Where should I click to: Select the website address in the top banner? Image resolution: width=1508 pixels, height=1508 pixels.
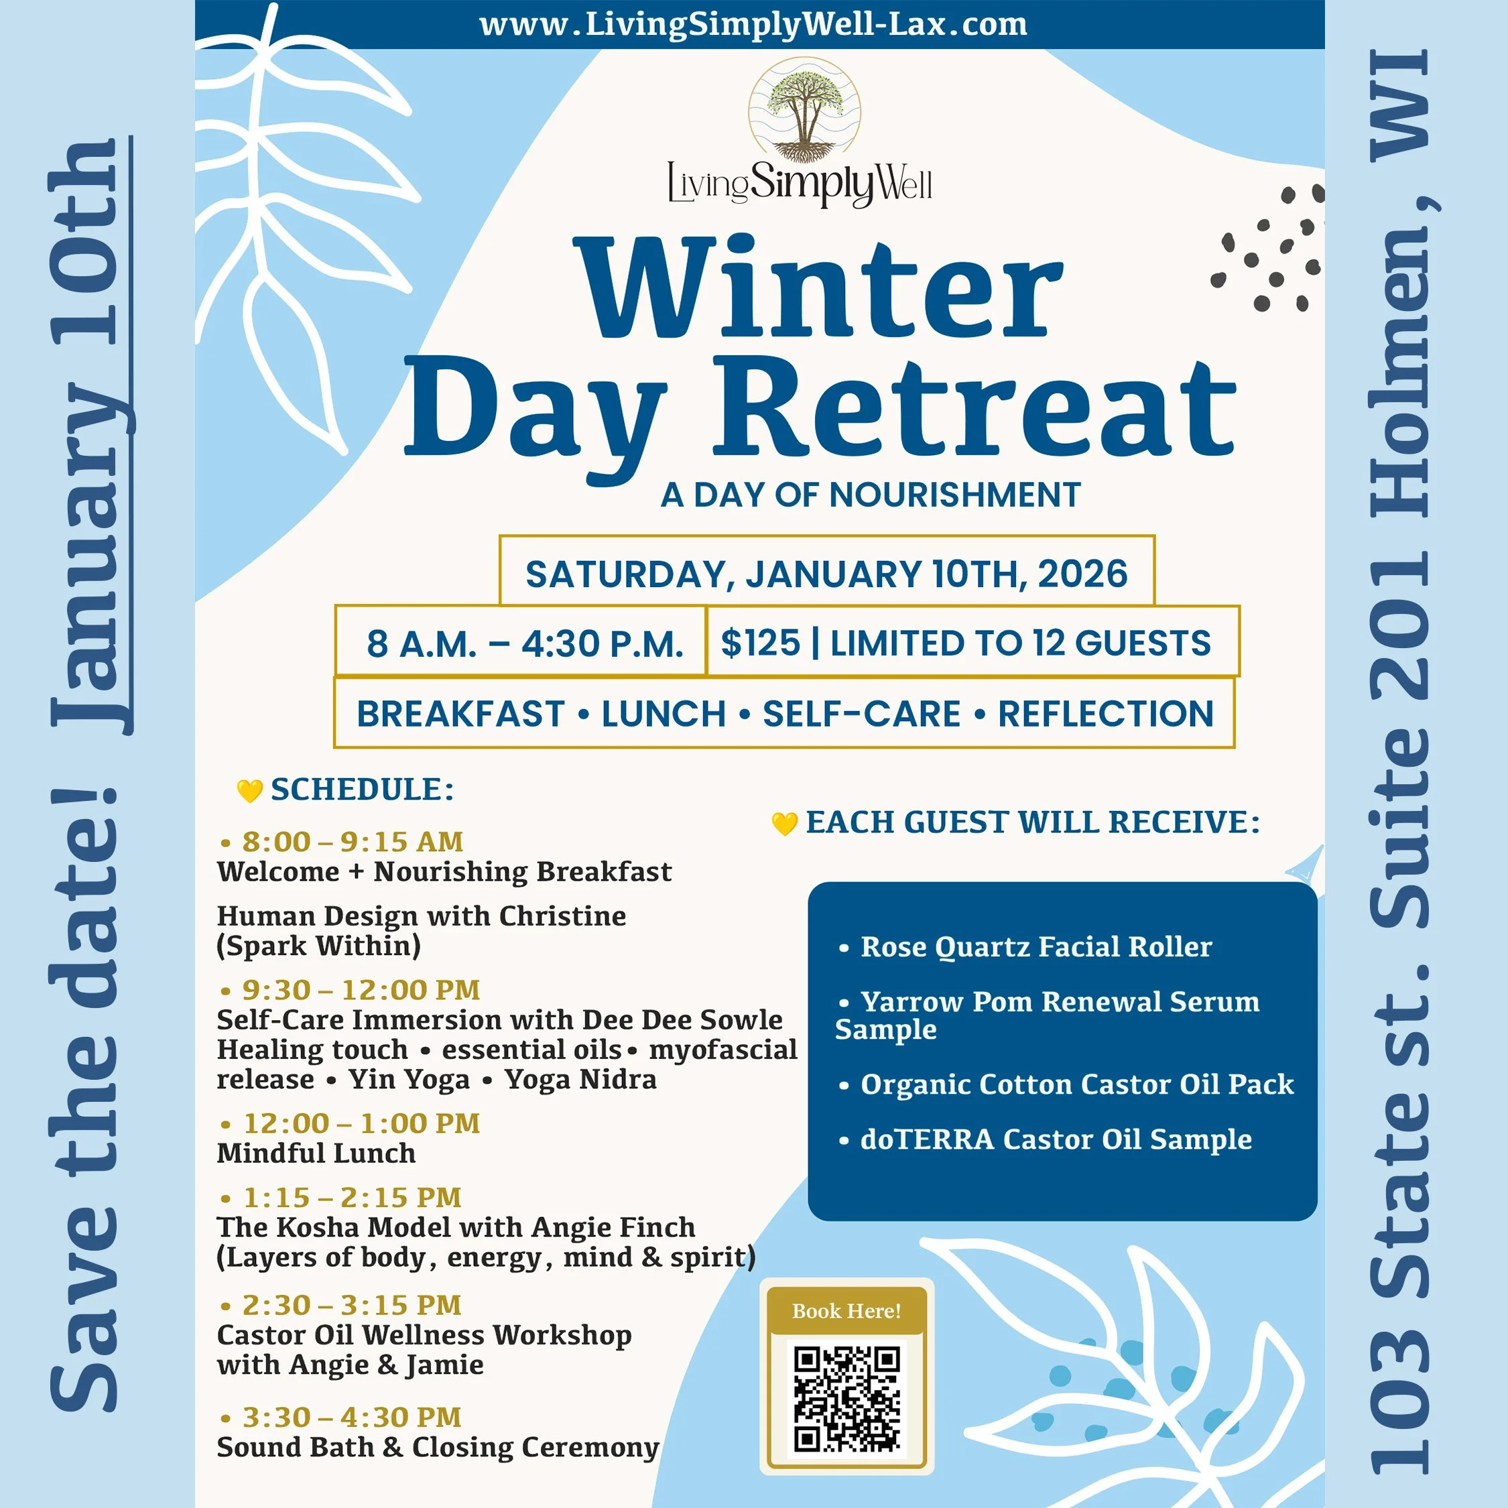753,24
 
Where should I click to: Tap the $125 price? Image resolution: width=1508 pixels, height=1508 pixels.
759,643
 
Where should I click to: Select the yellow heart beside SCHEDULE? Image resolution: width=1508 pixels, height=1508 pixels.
250,791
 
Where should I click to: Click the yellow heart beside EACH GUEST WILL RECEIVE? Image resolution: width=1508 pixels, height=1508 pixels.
784,824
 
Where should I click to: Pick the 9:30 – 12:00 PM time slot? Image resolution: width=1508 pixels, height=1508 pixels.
361,990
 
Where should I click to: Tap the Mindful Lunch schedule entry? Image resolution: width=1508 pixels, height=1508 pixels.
316,1153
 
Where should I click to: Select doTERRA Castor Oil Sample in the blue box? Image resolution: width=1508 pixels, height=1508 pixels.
1056,1139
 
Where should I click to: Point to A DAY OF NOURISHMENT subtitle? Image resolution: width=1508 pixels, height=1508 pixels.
871,495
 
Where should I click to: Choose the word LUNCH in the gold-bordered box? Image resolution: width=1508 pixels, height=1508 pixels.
664,713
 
